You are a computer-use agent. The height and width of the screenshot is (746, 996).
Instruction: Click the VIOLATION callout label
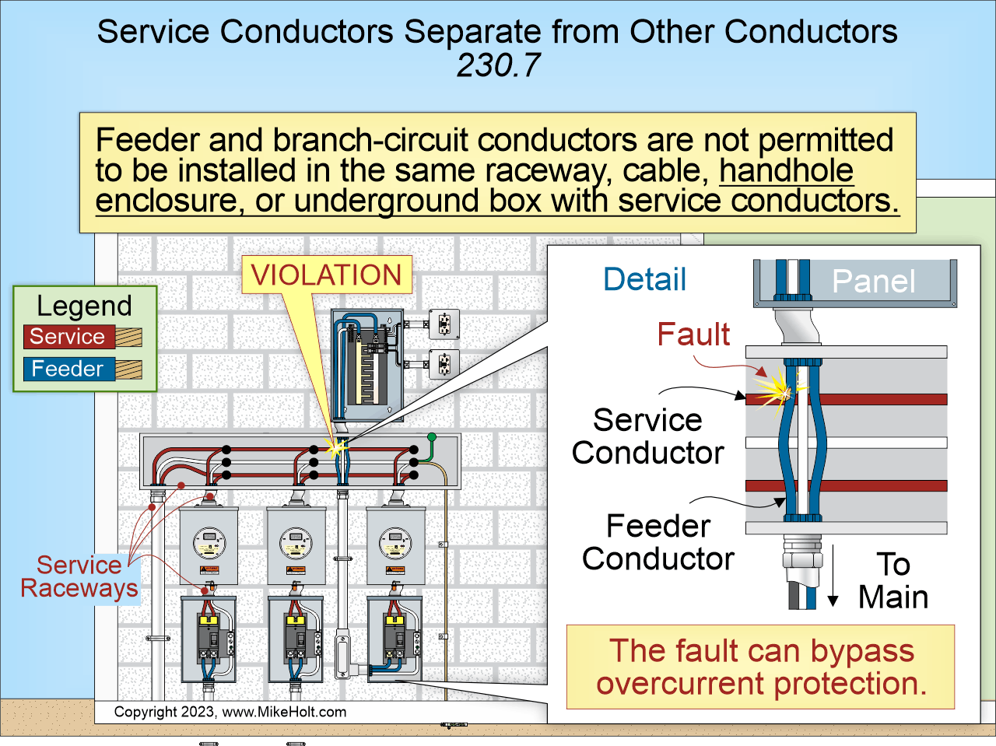pyautogui.click(x=326, y=275)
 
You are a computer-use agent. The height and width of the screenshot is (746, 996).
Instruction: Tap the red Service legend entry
pyautogui.click(x=68, y=337)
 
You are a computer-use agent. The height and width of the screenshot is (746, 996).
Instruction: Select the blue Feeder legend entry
pyautogui.click(x=68, y=369)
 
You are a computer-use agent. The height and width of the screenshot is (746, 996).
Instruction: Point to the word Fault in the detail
pyautogui.click(x=693, y=334)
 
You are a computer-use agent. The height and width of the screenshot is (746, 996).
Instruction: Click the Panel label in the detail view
pyautogui.click(x=873, y=282)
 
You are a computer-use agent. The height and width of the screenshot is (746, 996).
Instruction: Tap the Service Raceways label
pyautogui.click(x=79, y=576)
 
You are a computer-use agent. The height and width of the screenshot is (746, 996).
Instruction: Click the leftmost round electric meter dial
pyautogui.click(x=209, y=539)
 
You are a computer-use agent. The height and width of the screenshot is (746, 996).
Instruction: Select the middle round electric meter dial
pyautogui.click(x=296, y=539)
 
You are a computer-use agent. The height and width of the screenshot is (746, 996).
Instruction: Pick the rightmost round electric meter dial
pyautogui.click(x=395, y=539)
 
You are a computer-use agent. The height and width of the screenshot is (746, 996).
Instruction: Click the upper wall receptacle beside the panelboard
pyautogui.click(x=444, y=324)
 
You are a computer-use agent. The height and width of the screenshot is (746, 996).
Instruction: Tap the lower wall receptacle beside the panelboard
pyautogui.click(x=444, y=363)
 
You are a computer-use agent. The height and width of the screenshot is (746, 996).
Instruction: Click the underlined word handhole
pyautogui.click(x=786, y=170)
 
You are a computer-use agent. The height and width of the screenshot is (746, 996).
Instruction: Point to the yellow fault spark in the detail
pyautogui.click(x=776, y=387)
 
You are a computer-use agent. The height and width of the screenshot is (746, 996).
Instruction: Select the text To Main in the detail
pyautogui.click(x=893, y=580)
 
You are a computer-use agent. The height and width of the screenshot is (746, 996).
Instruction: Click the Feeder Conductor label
pyautogui.click(x=658, y=542)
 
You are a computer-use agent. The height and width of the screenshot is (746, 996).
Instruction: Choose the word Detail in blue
pyautogui.click(x=644, y=279)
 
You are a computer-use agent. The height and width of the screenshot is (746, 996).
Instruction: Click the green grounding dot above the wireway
pyautogui.click(x=432, y=438)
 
